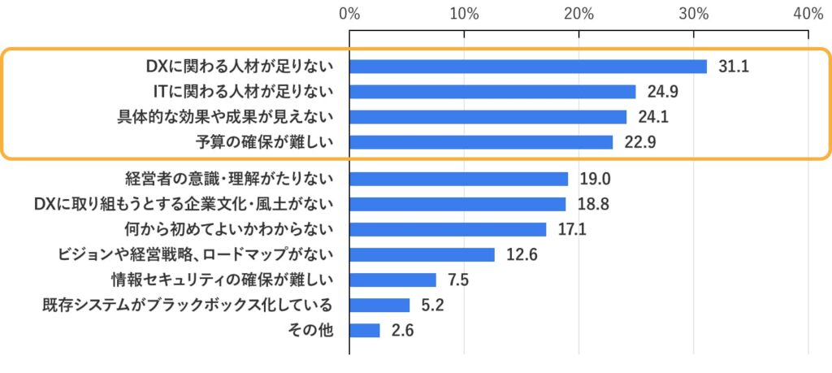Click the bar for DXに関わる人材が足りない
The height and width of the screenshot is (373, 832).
528,67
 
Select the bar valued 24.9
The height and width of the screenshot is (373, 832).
492,92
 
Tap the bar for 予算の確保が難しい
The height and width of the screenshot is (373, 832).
481,142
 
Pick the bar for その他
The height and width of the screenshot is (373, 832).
365,330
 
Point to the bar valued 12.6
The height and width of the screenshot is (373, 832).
422,254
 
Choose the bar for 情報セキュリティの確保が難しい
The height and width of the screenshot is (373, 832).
392,280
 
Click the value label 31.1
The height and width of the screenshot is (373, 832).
734,67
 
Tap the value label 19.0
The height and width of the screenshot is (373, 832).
595,179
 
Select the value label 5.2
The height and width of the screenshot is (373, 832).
432,306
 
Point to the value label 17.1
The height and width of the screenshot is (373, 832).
572,229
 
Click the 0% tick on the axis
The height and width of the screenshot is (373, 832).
349,14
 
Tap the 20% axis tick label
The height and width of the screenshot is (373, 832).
578,14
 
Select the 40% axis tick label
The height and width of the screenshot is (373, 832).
808,14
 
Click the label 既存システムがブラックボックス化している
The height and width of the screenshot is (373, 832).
188,306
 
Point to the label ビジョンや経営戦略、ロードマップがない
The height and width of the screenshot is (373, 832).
195,254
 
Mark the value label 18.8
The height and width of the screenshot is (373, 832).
592,204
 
